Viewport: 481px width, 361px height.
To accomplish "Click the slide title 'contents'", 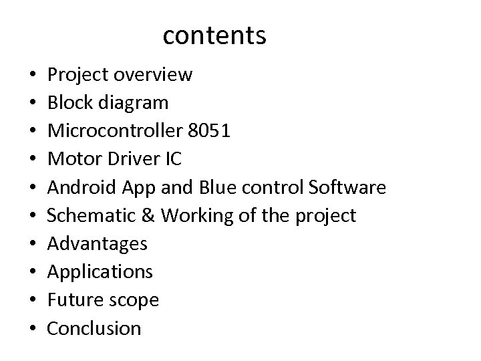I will (214, 35).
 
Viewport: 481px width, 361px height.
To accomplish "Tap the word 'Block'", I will (69, 103).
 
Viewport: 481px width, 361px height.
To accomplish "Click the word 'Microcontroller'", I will (114, 131).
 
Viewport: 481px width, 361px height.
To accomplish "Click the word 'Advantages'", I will (98, 244).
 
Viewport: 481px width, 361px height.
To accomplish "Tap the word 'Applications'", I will (100, 272).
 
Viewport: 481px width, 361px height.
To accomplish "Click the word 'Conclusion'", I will (95, 329).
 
